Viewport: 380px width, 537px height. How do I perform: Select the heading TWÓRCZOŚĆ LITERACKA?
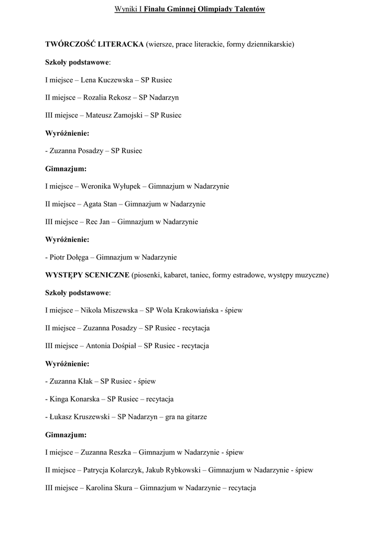[x=94, y=45]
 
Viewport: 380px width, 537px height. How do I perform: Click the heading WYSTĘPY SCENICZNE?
[x=88, y=275]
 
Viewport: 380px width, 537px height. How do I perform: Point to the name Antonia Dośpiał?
[x=111, y=346]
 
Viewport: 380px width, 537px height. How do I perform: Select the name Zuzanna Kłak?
[x=70, y=381]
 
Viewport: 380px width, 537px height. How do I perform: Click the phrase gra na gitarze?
[x=186, y=417]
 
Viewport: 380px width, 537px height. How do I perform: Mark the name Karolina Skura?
[x=110, y=488]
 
